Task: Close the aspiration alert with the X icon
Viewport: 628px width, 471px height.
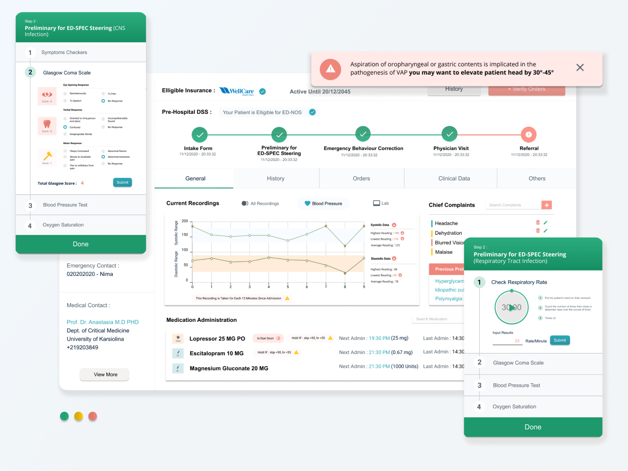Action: point(580,68)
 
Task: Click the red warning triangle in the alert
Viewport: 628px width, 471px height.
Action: point(330,69)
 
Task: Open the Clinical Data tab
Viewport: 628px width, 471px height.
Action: point(454,179)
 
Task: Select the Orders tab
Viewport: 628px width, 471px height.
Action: point(361,179)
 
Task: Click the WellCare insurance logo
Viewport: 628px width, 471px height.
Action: point(237,91)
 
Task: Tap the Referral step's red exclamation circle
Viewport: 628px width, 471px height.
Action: point(528,135)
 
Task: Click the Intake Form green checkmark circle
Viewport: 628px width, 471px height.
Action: point(200,135)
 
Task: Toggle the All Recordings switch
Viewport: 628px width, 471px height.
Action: point(245,203)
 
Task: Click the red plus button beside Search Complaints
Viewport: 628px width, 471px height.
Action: point(546,205)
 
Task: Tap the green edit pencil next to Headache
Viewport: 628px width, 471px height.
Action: point(546,223)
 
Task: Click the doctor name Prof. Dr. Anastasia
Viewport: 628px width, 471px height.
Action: point(102,322)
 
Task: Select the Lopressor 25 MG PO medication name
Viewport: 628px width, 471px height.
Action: point(217,339)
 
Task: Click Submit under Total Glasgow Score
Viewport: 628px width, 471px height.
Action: point(122,183)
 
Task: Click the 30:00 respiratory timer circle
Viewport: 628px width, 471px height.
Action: point(511,307)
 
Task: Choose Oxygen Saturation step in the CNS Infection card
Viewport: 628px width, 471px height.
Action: point(63,225)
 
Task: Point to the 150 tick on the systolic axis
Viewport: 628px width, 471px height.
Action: point(185,235)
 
